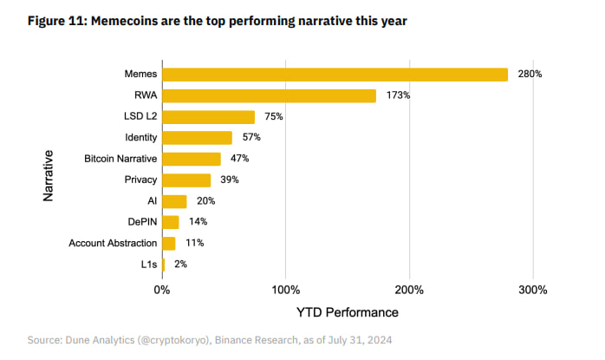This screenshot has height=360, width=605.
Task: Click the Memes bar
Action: coord(335,75)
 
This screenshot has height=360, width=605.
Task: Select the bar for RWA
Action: coord(269,95)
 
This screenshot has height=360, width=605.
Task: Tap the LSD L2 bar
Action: coord(208,117)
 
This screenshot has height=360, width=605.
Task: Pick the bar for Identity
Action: coord(197,138)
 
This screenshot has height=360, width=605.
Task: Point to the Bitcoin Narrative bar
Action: coord(191,159)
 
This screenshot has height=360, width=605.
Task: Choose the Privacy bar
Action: coord(185,180)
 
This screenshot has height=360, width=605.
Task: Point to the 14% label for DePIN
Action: coord(198,222)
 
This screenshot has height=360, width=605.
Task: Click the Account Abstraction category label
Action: coord(113,244)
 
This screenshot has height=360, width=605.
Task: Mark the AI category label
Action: coord(151,201)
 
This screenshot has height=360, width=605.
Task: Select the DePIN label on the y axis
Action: coord(140,222)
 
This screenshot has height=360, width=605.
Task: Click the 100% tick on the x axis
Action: coord(286,290)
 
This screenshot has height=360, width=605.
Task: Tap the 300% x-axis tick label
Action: coord(532,290)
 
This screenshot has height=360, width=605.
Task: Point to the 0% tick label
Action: coord(162,290)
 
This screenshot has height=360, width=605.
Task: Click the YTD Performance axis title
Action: coord(347,311)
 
